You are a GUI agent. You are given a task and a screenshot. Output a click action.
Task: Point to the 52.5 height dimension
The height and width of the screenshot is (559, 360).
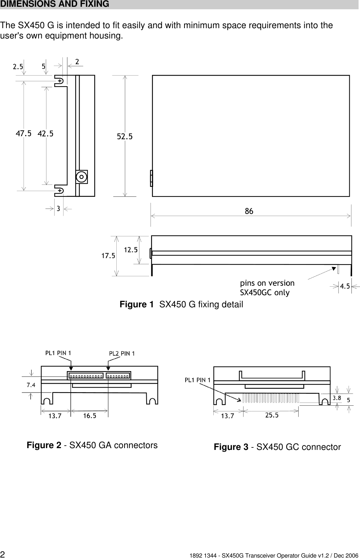[x=125, y=136]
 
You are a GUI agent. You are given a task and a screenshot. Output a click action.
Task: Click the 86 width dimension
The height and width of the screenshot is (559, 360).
[x=249, y=211]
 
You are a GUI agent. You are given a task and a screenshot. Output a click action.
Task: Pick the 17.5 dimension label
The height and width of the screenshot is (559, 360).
[x=108, y=256]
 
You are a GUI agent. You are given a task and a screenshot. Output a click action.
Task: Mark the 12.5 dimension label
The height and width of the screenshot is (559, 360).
[x=131, y=250]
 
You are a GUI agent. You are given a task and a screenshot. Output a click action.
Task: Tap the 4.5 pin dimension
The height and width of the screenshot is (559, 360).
[x=345, y=286]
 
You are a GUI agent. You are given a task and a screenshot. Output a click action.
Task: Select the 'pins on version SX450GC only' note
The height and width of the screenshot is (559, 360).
[x=267, y=288]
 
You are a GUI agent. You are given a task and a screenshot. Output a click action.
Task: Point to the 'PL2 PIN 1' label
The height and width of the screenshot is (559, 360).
[x=122, y=354]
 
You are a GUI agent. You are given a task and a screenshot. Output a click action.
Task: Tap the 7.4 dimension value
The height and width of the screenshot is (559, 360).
[x=31, y=385]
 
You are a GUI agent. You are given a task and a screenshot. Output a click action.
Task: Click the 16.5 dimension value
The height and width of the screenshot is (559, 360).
[x=90, y=416]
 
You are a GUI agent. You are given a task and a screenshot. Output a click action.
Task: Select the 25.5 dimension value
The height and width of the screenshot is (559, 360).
[x=272, y=415]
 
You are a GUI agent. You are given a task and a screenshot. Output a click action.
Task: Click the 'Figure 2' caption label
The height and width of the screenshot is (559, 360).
[x=44, y=446]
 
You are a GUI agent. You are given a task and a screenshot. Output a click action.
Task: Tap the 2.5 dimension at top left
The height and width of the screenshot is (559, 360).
[x=18, y=66]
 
